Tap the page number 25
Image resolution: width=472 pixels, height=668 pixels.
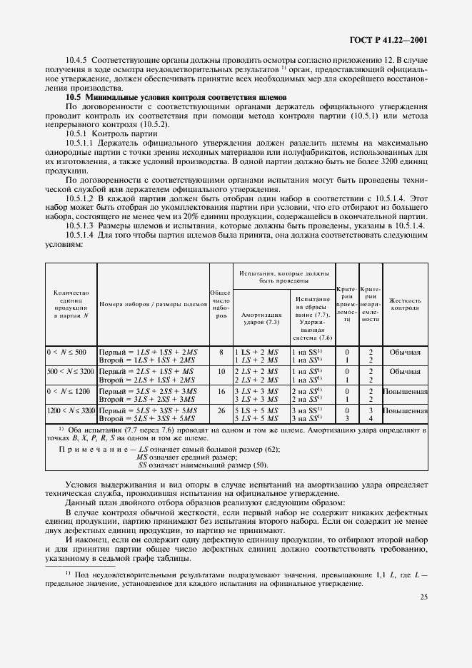423,617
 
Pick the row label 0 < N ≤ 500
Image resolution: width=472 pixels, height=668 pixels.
66,353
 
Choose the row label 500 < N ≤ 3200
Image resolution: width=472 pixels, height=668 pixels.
71,372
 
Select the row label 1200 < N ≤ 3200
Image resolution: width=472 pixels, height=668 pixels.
71,412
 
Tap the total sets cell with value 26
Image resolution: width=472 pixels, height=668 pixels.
221,412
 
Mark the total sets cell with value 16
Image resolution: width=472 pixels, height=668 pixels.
221,392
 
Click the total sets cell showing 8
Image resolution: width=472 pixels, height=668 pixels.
221,353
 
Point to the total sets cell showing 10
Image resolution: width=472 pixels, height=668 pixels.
221,372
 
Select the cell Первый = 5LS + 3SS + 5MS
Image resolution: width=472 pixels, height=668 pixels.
145,412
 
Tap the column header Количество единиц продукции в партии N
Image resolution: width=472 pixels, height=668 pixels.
71,304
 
